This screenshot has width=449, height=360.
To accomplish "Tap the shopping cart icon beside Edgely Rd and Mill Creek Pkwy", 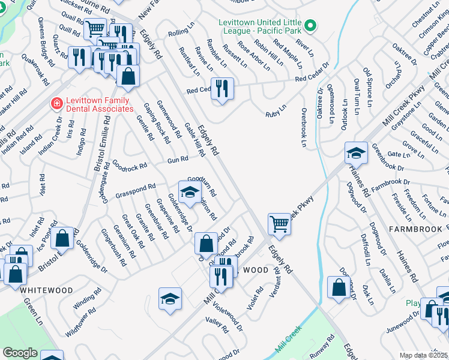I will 279,224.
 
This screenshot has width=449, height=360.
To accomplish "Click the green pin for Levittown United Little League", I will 310,26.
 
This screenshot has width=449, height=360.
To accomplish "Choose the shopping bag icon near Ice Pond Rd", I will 62,238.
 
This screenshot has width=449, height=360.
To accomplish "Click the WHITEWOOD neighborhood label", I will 46,290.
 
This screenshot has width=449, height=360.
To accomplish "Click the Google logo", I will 20,353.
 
